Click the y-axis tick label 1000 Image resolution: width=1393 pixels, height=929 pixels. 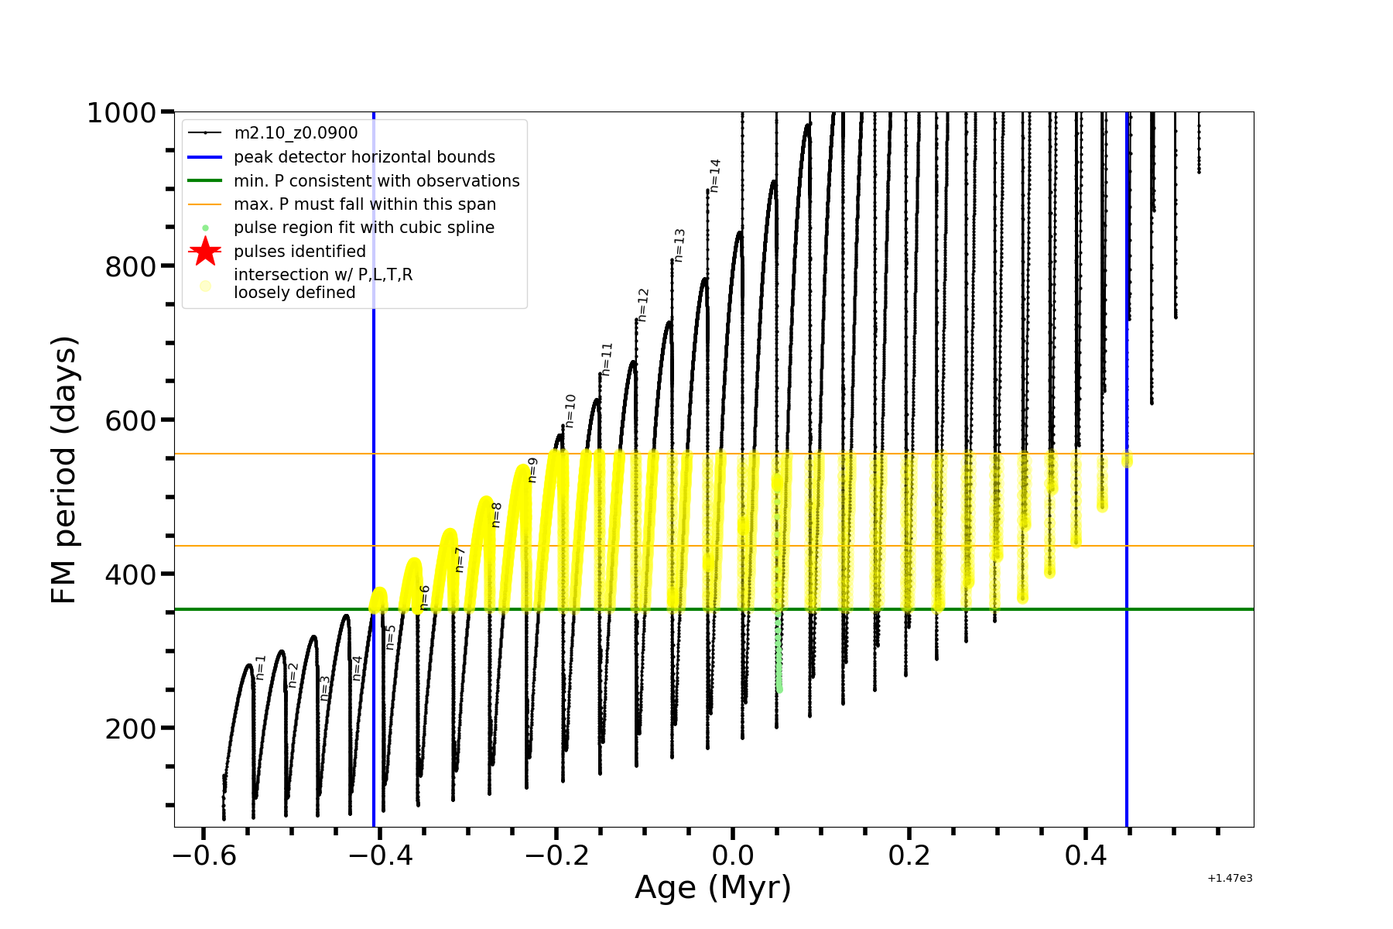point(122,113)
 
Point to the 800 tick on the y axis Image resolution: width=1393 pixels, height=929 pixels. point(130,267)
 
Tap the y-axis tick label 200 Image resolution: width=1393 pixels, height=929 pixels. point(130,729)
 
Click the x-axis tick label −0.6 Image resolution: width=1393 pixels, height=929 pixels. point(204,856)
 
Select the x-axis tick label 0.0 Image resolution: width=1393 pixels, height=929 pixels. point(733,856)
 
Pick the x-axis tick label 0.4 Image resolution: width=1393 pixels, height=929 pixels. point(1085,856)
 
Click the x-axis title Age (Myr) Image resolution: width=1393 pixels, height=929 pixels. point(713,888)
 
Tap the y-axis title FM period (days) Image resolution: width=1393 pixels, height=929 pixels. point(64,469)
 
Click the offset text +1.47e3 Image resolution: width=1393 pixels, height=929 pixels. point(1230,879)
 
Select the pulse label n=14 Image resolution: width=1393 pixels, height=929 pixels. point(715,176)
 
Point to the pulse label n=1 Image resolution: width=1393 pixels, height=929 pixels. point(261,667)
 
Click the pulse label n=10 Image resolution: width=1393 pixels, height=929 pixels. point(570,410)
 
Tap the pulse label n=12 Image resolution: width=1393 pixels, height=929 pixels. point(643,305)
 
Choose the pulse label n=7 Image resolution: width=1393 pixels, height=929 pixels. point(460,560)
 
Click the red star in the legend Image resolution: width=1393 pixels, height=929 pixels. point(205,252)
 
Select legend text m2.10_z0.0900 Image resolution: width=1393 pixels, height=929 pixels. point(296,133)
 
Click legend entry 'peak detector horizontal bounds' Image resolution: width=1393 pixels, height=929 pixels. point(365,157)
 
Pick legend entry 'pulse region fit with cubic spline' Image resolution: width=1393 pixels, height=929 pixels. point(364,228)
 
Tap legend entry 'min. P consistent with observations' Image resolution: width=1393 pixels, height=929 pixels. point(376,181)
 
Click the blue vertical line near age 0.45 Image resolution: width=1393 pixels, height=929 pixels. point(1126,619)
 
